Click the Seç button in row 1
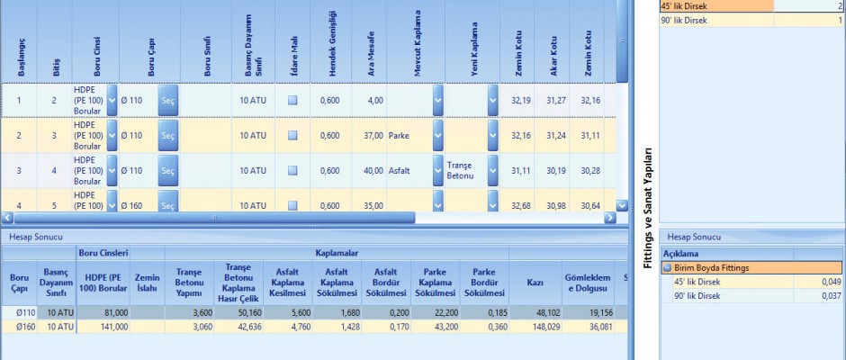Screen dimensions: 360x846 click(x=167, y=100)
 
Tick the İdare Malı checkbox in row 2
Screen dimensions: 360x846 click(x=292, y=135)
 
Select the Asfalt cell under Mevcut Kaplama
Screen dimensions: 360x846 click(x=402, y=170)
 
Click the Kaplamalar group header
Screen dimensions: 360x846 click(x=337, y=254)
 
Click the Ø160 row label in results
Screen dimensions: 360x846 click(x=18, y=326)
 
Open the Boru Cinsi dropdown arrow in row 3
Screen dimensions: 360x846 click(x=112, y=170)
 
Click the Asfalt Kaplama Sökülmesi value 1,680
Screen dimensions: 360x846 click(x=338, y=311)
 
